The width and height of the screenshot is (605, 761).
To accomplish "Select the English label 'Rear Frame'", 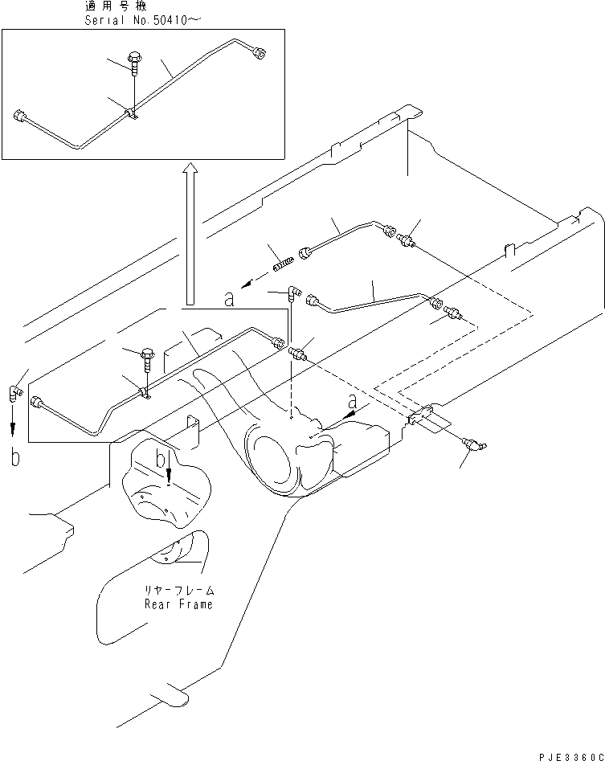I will [179, 603].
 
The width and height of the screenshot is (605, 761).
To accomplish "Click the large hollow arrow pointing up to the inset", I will [189, 233].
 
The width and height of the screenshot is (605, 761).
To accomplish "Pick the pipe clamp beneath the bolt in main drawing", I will [146, 394].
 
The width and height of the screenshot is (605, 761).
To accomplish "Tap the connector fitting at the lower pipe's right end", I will [455, 311].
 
